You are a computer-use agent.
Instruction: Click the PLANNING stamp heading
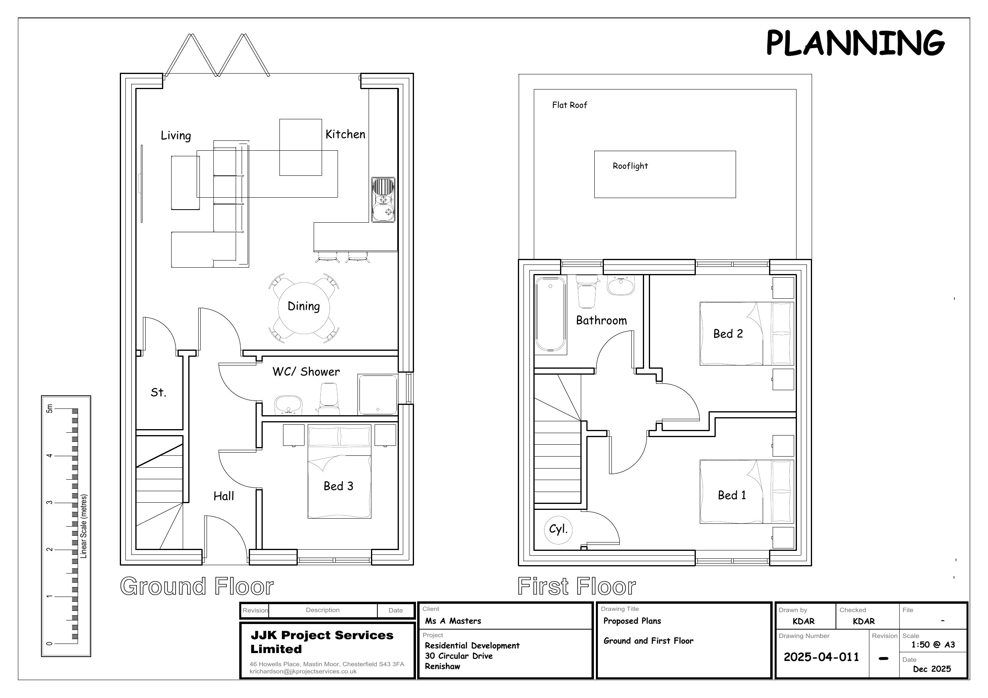(855, 43)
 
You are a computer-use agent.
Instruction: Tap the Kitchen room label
(345, 134)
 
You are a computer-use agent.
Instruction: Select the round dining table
(304, 308)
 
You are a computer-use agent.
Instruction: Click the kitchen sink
(383, 200)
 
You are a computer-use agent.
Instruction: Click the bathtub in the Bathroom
(551, 314)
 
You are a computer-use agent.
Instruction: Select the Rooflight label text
(630, 166)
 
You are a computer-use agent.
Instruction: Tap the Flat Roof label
(569, 105)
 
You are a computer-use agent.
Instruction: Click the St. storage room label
(158, 392)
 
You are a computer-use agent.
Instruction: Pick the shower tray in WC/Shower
(377, 395)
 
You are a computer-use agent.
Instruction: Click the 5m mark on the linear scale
(49, 408)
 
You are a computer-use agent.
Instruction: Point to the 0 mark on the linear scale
(49, 644)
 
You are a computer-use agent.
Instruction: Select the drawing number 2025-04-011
(821, 657)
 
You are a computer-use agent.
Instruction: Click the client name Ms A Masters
(453, 620)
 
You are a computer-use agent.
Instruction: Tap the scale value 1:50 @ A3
(933, 644)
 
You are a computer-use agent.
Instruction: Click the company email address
(303, 671)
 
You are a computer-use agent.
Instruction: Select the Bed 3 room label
(338, 486)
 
